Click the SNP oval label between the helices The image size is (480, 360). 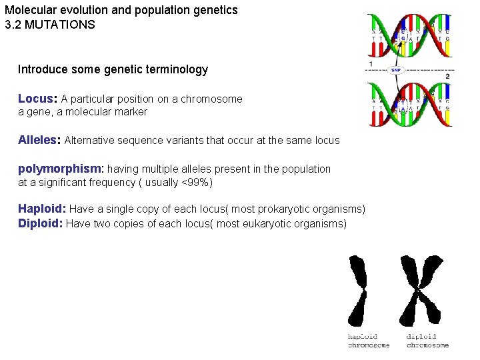tap(395, 69)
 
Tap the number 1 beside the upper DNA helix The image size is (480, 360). tap(370, 63)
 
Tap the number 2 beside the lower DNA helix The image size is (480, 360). tap(447, 77)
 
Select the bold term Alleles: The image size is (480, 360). tap(39, 140)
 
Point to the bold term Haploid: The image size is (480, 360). tap(41, 209)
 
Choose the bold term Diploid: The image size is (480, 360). tap(40, 223)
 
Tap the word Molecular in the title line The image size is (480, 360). tap(27, 11)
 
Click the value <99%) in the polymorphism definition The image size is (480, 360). tap(197, 182)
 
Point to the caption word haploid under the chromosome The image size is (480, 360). tap(362, 337)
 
